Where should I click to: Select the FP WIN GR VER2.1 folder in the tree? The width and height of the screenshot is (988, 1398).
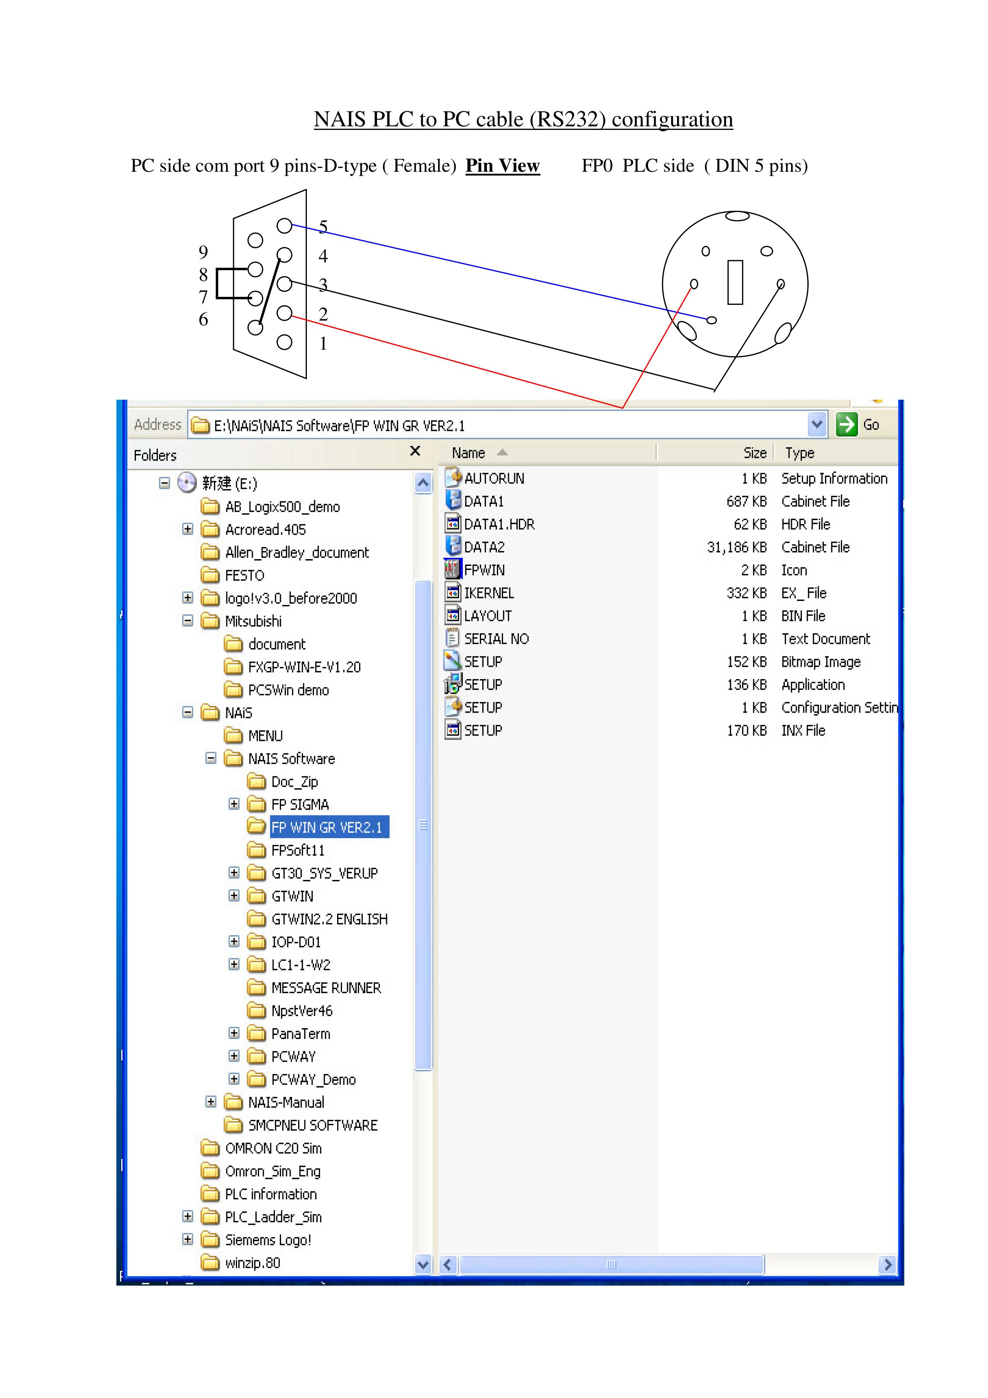click(x=326, y=827)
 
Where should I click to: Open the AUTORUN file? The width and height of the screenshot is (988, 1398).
click(x=494, y=479)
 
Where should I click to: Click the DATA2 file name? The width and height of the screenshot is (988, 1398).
click(x=484, y=548)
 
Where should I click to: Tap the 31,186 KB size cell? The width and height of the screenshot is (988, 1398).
click(x=736, y=548)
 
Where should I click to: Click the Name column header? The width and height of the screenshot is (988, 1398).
click(x=468, y=453)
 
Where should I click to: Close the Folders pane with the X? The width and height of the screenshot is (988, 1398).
click(x=415, y=451)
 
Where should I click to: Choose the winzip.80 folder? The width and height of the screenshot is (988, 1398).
click(x=252, y=1263)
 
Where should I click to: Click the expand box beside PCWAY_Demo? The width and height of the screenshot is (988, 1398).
click(x=234, y=1079)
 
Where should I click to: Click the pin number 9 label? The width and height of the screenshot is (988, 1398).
click(x=203, y=251)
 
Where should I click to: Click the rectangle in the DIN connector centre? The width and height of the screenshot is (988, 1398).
click(x=735, y=282)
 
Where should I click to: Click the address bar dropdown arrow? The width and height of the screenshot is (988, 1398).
click(x=817, y=424)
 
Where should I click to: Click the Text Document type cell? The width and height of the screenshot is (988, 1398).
click(x=825, y=639)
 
